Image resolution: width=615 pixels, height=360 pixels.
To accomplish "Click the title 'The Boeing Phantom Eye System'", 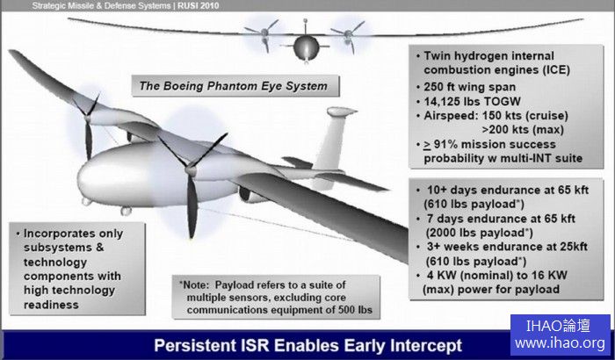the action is coord(234,86).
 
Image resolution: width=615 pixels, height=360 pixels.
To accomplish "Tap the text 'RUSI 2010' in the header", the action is coord(198,5).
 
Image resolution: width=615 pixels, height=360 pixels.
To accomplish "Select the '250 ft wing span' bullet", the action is coord(470,87).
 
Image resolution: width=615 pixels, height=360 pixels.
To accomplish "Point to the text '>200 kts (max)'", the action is coord(523,129).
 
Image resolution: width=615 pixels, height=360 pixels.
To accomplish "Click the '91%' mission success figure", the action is coord(445,144).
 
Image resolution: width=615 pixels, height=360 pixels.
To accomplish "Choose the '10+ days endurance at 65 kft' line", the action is coord(508,191).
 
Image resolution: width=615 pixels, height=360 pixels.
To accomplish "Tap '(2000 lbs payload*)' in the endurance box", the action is coord(480,233).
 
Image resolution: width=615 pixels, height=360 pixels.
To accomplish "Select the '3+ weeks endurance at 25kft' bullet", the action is coord(507,247).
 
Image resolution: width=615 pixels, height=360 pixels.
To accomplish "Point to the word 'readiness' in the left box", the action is coord(51,305).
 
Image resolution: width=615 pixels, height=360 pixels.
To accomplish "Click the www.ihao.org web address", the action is coord(561,343).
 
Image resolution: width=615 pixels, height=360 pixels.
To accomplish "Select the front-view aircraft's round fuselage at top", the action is coord(306,47).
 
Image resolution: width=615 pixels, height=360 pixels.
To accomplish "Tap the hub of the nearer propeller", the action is coord(191,170).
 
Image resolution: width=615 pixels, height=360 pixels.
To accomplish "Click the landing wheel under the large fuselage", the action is coord(126,211).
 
